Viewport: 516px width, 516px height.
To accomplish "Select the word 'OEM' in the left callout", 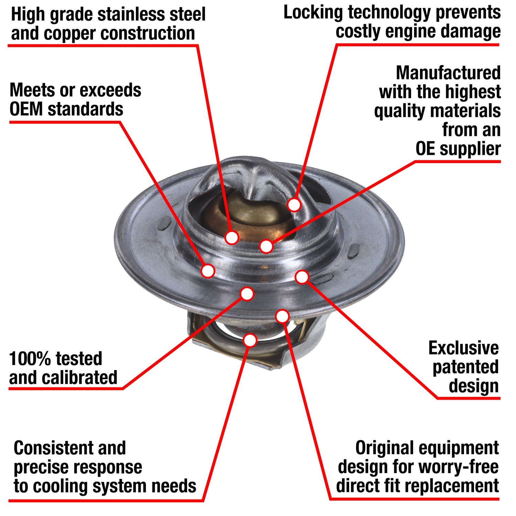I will [26, 109].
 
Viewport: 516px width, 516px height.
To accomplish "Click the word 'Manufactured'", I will [448, 73].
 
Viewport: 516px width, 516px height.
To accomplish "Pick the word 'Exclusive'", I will [463, 348].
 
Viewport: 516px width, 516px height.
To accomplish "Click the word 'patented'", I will [465, 367].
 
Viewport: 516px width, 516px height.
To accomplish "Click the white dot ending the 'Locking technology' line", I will [294, 205].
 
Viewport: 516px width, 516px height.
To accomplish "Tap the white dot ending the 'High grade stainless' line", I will [232, 237].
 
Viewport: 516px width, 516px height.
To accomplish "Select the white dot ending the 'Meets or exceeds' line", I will [208, 271].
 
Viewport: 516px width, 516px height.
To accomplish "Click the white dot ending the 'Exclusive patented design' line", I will [302, 277].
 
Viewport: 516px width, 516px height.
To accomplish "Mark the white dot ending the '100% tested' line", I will [247, 294].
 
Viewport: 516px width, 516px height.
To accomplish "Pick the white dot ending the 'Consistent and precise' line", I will [250, 340].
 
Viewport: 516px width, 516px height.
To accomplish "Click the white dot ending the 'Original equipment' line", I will [282, 316].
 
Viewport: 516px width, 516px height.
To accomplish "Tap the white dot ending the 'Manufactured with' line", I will [266, 246].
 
